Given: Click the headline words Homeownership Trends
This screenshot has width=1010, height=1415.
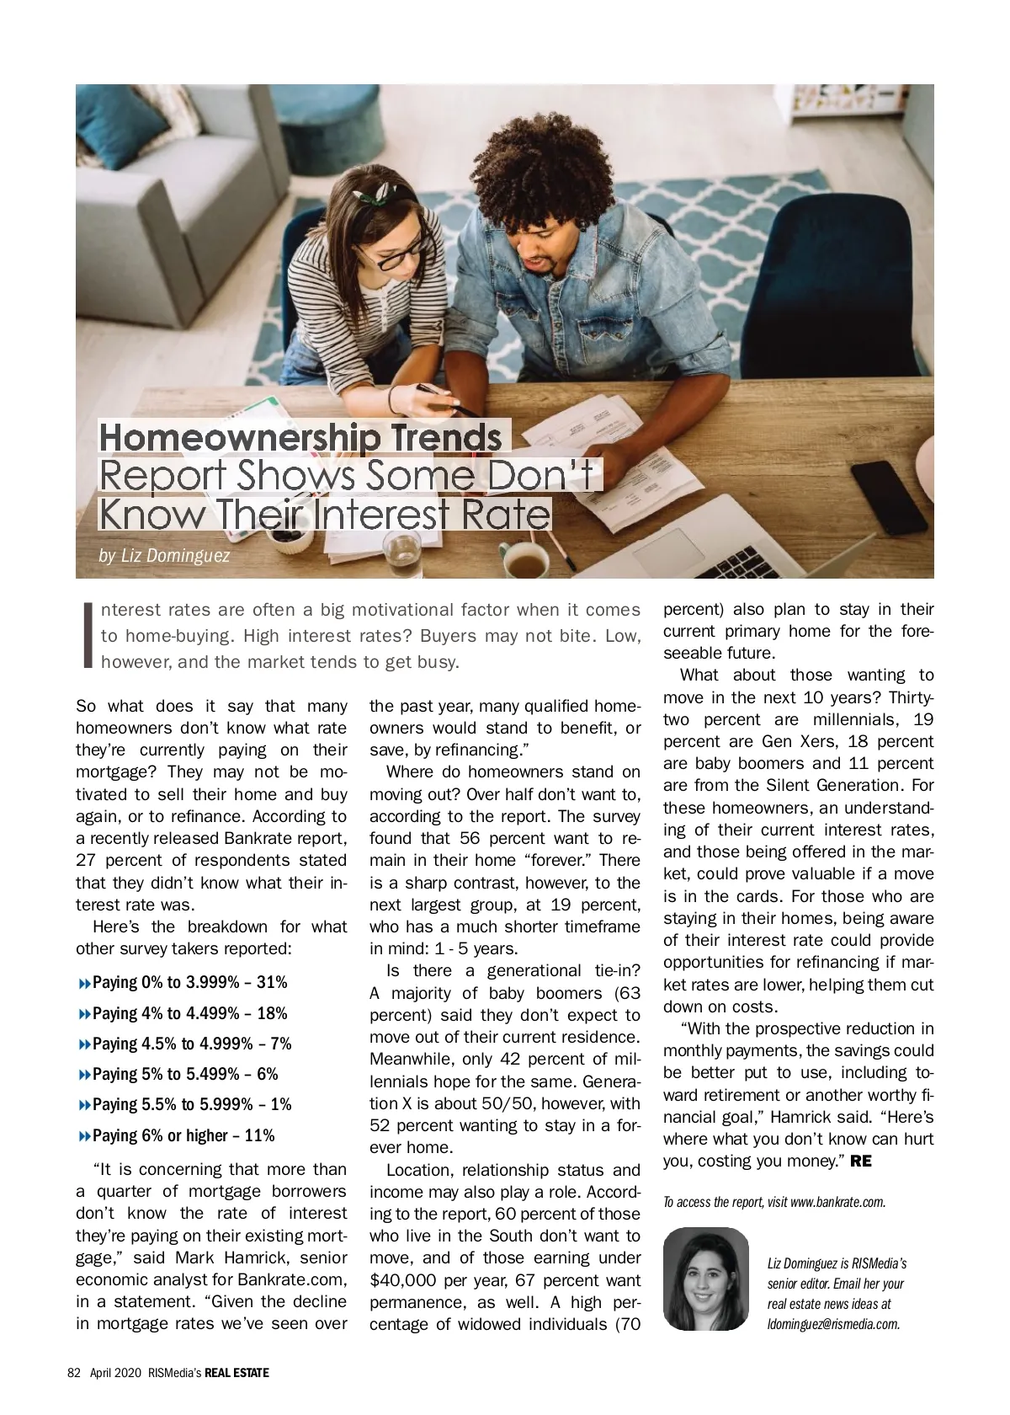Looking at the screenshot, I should [300, 437].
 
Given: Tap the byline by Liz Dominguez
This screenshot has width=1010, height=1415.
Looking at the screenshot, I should [164, 556].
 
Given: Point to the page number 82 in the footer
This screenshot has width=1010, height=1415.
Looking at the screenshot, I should [73, 1373].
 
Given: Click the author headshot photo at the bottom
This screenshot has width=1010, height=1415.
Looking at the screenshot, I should [705, 1279].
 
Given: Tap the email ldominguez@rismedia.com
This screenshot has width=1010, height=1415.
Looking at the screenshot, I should [833, 1324].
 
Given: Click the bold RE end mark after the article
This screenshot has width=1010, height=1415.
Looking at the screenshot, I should [861, 1161].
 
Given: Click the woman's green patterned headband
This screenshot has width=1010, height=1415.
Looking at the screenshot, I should [367, 198].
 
